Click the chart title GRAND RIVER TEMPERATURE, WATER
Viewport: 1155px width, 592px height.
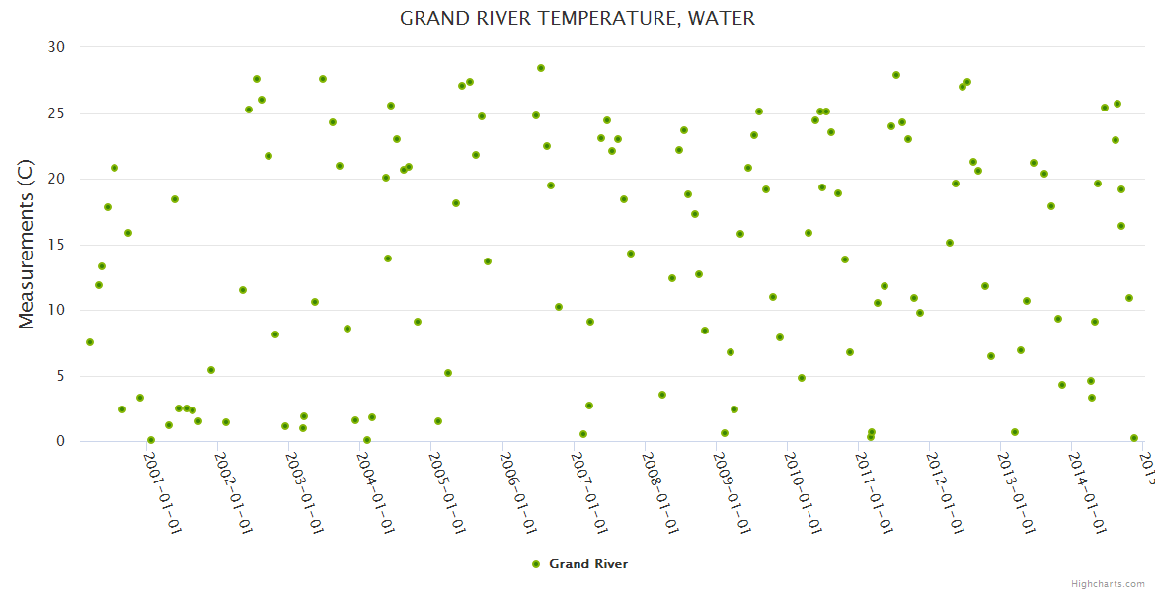[x=577, y=19]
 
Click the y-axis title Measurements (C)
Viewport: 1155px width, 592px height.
[x=27, y=245]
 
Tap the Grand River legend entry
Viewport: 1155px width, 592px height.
[x=579, y=564]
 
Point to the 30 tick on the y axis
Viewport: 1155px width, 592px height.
[x=56, y=47]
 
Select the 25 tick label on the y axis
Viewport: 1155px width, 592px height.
[x=56, y=113]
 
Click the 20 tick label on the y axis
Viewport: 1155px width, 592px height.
[x=56, y=179]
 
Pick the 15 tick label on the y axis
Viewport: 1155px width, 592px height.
[x=56, y=245]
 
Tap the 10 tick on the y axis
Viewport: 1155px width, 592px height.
[x=56, y=310]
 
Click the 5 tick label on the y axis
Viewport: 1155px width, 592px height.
[x=60, y=376]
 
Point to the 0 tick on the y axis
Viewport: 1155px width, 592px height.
[x=60, y=441]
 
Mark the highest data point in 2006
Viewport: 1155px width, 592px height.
[x=541, y=68]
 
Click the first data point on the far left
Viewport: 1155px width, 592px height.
[x=90, y=342]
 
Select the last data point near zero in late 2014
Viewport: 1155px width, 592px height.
[x=1134, y=438]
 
